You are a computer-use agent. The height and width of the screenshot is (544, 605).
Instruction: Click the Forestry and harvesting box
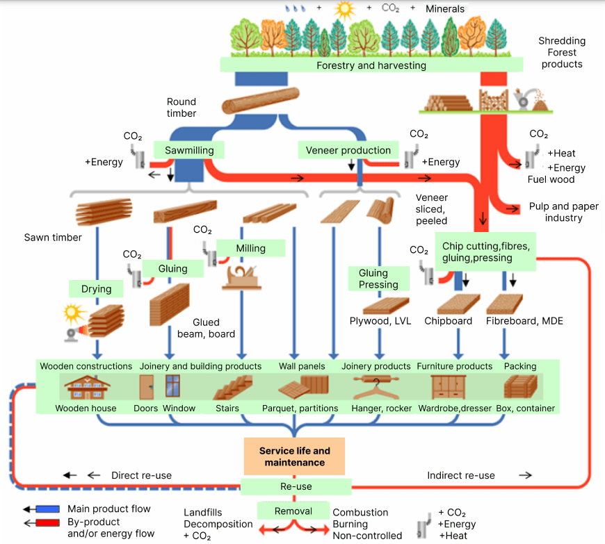click(x=371, y=65)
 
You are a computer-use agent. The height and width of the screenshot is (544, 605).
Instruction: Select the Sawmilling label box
click(x=189, y=150)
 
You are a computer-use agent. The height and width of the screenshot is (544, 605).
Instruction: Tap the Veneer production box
click(x=348, y=150)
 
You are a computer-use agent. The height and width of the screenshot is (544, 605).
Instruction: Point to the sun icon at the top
click(x=343, y=10)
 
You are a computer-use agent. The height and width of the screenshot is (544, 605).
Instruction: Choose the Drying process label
click(x=95, y=288)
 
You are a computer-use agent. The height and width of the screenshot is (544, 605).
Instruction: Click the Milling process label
click(x=251, y=248)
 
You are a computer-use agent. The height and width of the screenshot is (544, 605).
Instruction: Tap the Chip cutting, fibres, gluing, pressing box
click(x=485, y=252)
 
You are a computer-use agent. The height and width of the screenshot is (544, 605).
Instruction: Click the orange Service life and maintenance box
click(x=295, y=456)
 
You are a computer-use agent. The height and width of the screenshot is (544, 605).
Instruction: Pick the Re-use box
click(x=296, y=486)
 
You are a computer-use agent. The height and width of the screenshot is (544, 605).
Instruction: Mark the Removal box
click(x=293, y=511)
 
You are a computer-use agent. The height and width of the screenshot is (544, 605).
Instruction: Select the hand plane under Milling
click(x=241, y=277)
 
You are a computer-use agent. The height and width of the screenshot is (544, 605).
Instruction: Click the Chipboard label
click(x=449, y=321)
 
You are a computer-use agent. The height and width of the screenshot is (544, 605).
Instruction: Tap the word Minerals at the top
click(x=445, y=8)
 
